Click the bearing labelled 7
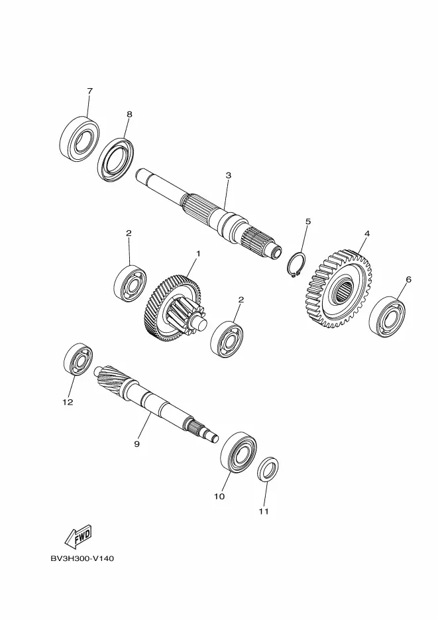point(79,139)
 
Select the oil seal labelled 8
point(115,160)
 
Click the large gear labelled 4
point(339,288)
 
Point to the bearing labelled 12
point(78,359)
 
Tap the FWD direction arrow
point(78,536)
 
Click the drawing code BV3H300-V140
point(82,559)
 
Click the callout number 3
point(229,175)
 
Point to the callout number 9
point(137,444)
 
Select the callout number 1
point(198,253)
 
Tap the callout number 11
point(264,511)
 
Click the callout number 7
point(89,91)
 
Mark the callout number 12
point(68,402)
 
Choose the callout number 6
point(408,280)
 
